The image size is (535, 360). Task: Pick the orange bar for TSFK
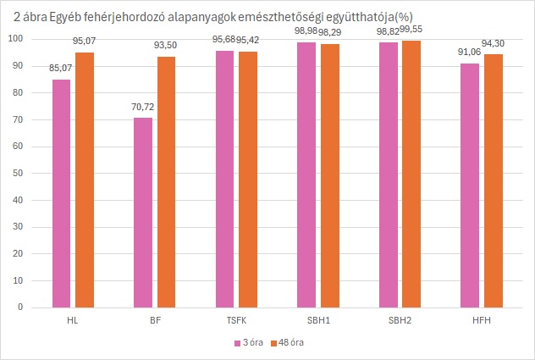[x=248, y=179]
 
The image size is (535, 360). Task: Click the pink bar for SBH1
[x=306, y=174]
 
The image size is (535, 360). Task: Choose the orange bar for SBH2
[x=411, y=174]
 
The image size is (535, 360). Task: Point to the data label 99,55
[x=412, y=31]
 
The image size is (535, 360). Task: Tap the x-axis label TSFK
[x=236, y=321]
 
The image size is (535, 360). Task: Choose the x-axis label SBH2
[x=400, y=321]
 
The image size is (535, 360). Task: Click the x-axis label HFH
[x=482, y=321]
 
